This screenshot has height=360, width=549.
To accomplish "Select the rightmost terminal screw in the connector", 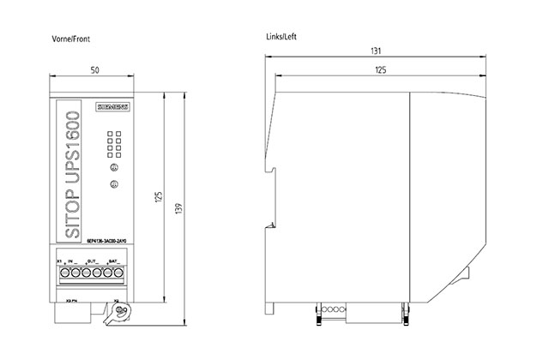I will (x=121, y=273).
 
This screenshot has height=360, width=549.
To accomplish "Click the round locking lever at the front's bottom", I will (x=120, y=311).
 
